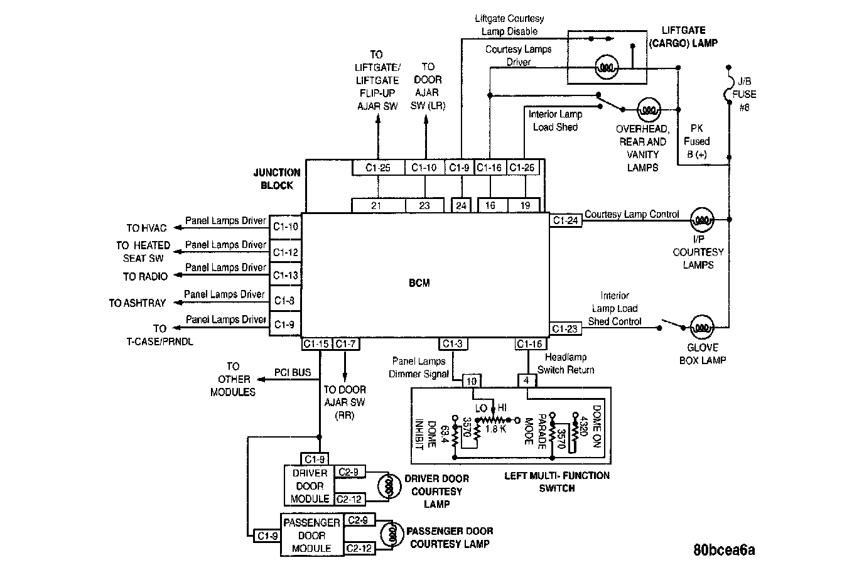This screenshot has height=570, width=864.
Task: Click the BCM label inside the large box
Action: [x=419, y=282]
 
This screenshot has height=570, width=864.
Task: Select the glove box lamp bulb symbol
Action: [x=701, y=328]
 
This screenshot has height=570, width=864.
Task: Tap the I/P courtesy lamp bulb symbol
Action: [x=702, y=220]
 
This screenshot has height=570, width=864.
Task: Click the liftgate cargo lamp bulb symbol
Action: [x=607, y=67]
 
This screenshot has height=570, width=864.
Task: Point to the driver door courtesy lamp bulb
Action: [x=389, y=487]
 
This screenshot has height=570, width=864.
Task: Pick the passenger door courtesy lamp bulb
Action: [x=392, y=535]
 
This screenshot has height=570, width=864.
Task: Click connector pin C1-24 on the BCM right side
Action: [x=566, y=220]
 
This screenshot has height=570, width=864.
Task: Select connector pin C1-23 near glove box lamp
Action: [x=565, y=328]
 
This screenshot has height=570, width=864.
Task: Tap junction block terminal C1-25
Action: [x=378, y=168]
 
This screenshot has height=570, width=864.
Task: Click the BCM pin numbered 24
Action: [x=462, y=205]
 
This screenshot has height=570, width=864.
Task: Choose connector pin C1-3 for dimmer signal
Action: [x=453, y=343]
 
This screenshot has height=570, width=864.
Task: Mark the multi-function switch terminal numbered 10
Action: [x=472, y=381]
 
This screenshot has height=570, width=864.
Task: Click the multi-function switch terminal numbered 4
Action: [x=526, y=380]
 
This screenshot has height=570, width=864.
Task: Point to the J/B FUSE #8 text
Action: [x=744, y=95]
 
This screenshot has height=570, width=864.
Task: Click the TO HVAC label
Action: [x=146, y=229]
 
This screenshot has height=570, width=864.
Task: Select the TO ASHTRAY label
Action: [x=138, y=303]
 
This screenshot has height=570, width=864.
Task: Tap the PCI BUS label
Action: [x=293, y=372]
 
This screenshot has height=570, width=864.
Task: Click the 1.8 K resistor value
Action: [x=495, y=429]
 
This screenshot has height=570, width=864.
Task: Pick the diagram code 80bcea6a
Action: [x=724, y=550]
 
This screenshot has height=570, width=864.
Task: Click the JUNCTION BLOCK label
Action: [x=277, y=179]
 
